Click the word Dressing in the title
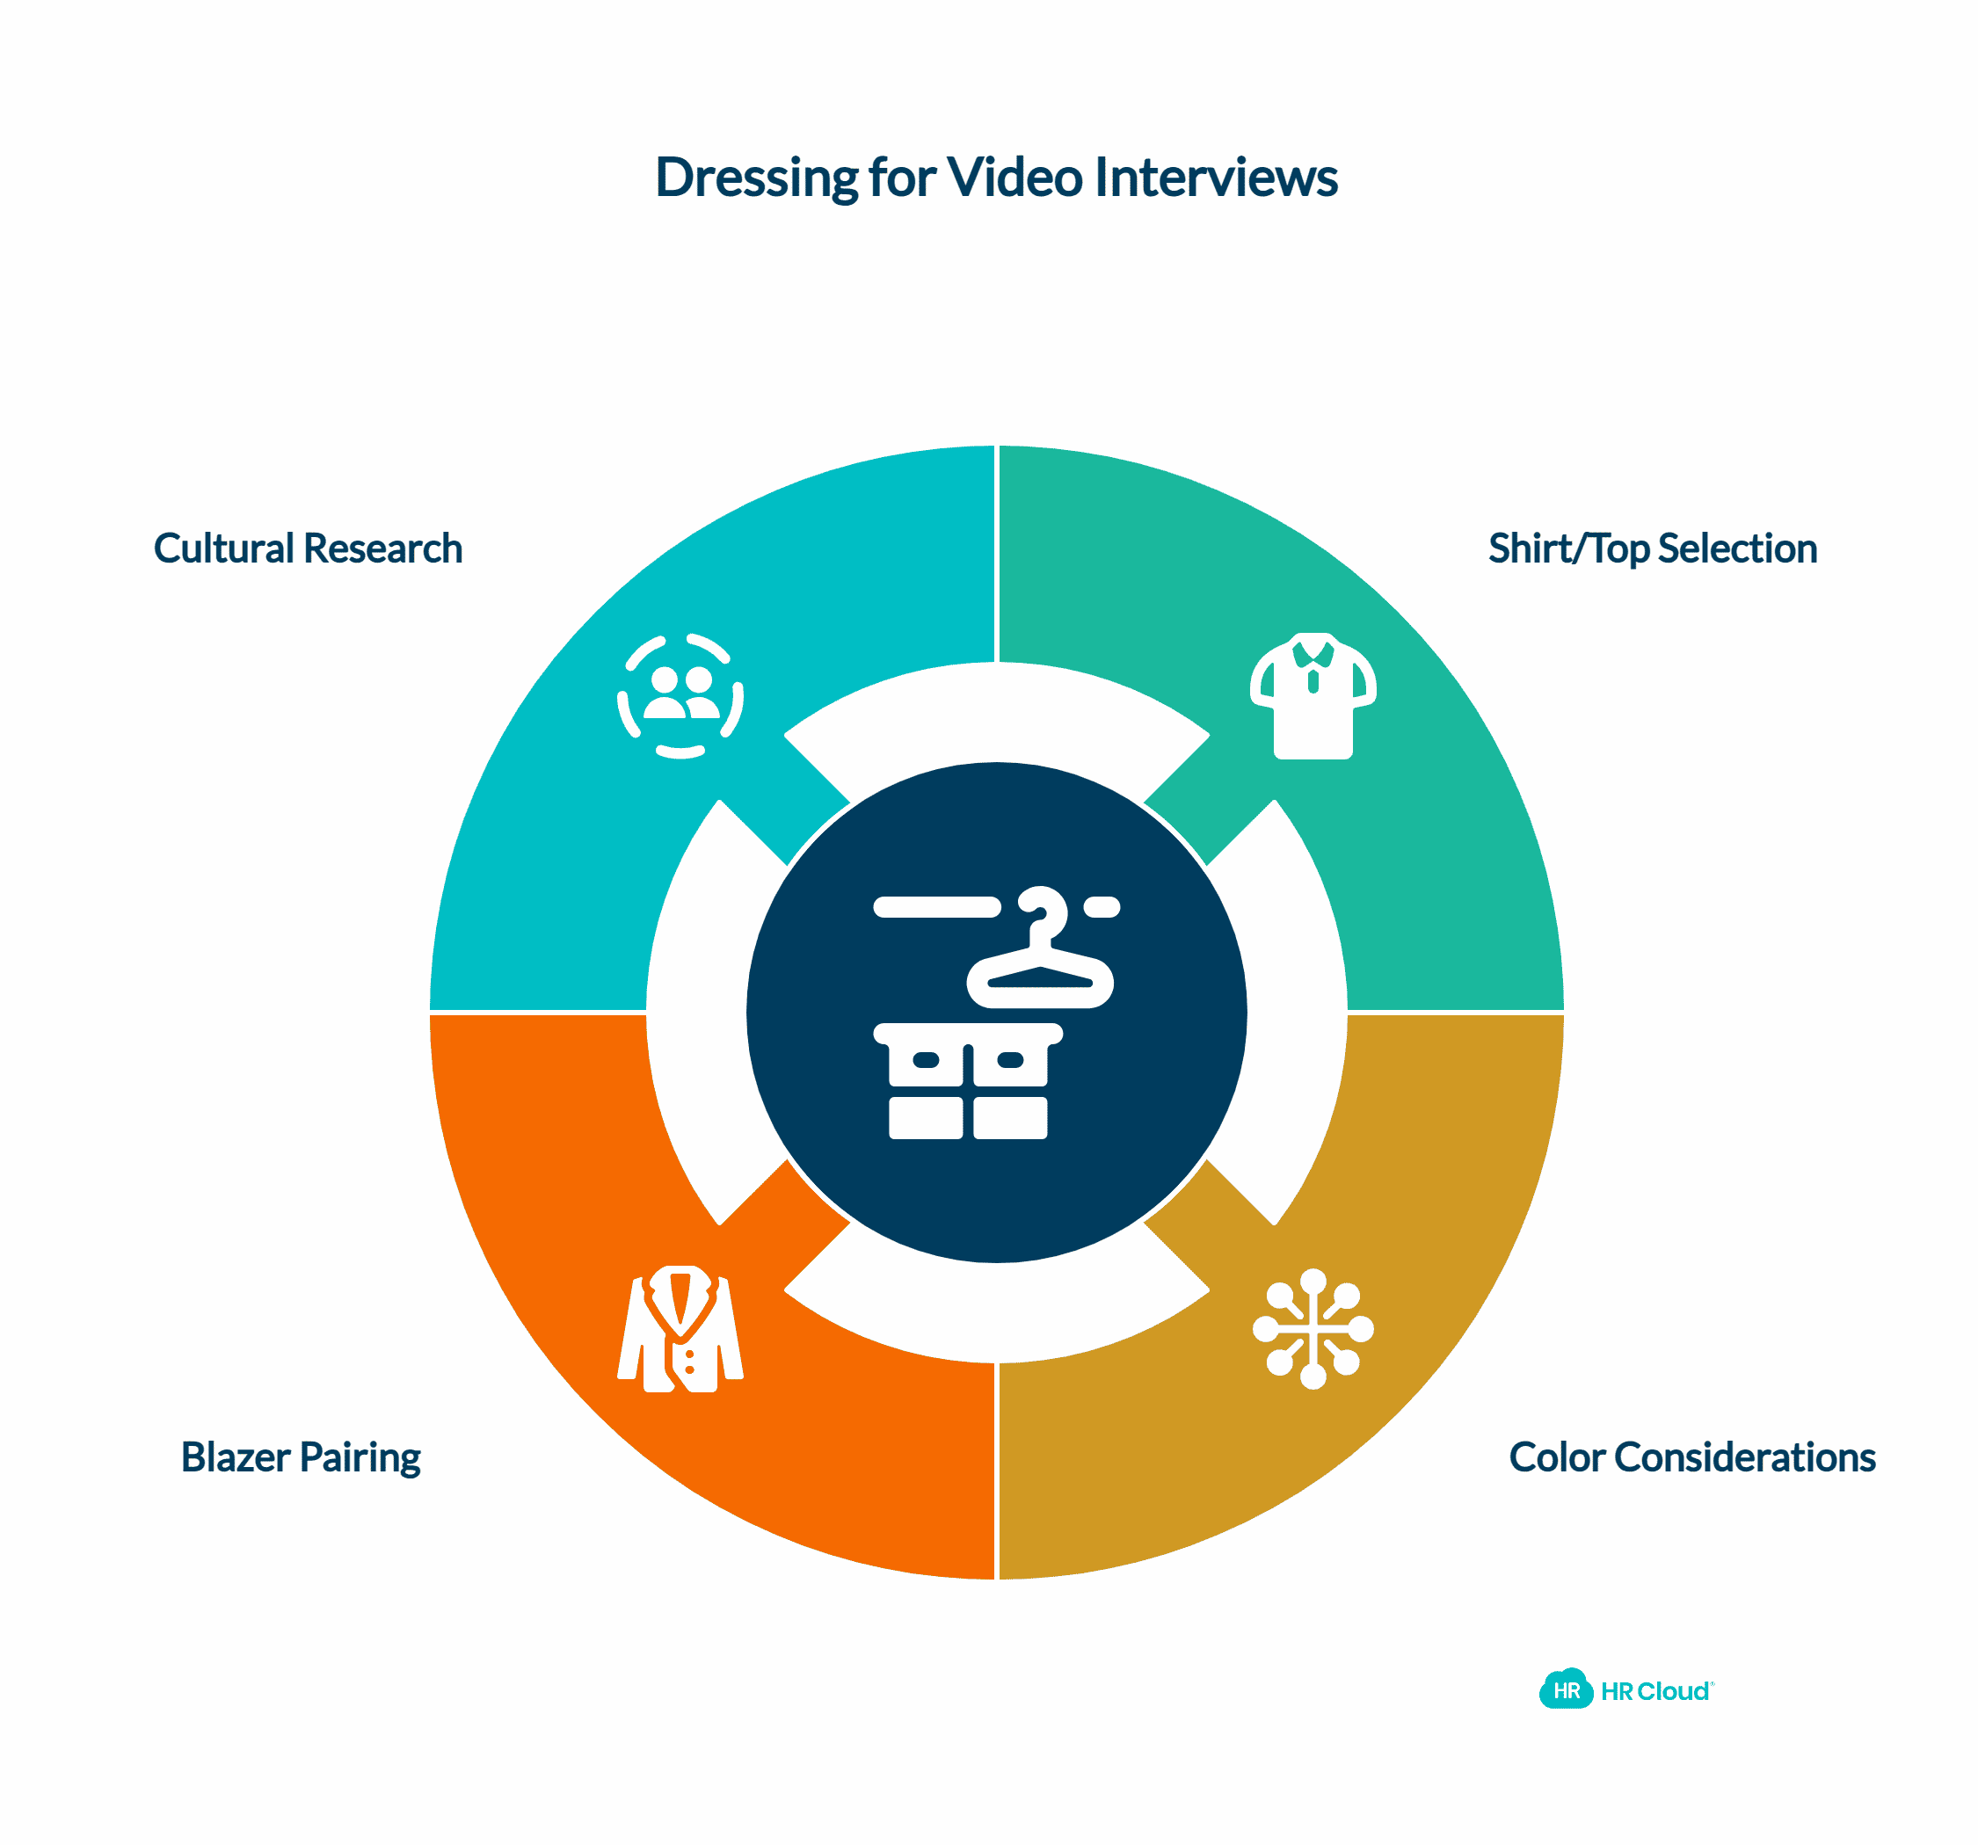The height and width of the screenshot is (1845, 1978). [756, 178]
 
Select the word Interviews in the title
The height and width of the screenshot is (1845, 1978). [1216, 178]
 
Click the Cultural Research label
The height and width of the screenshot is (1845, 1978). [308, 548]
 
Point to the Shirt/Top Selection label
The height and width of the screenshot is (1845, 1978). [1652, 548]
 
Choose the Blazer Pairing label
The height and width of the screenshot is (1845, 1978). [301, 1457]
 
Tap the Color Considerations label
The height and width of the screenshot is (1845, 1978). [1691, 1457]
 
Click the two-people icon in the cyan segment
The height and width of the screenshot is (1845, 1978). [680, 696]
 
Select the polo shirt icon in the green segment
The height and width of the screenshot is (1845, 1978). [1313, 696]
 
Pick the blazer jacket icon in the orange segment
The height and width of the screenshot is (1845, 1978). [680, 1329]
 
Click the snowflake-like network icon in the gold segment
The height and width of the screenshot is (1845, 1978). [1313, 1329]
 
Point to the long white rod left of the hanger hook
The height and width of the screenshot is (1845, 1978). [936, 907]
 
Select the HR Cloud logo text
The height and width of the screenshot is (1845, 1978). [1655, 1691]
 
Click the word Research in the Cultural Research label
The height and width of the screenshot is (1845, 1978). [383, 548]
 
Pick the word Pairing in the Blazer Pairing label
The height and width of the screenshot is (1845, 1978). [360, 1457]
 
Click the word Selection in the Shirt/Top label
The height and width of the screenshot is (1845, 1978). [1737, 548]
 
